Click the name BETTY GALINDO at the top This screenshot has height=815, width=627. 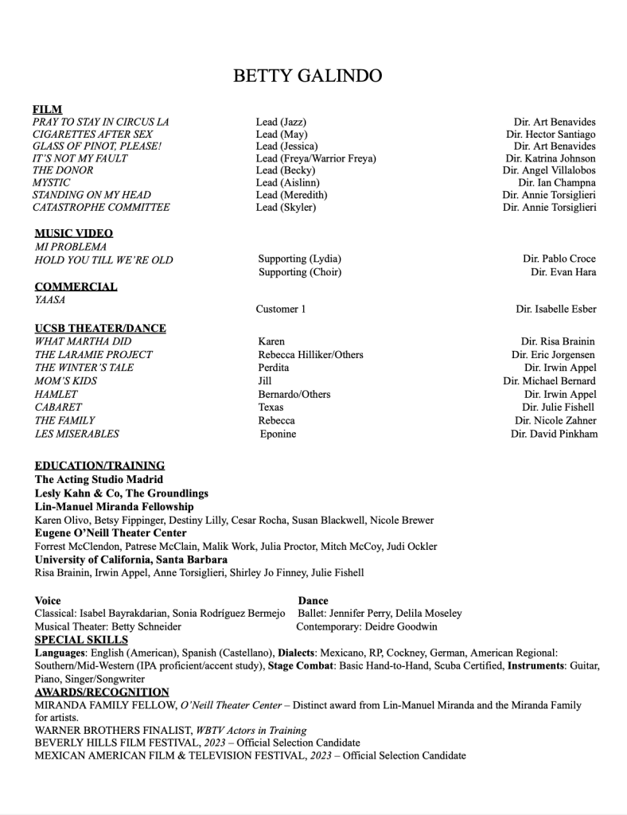tap(307, 76)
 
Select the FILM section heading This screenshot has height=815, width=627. tap(47, 109)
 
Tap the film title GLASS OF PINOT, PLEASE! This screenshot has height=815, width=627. tap(97, 146)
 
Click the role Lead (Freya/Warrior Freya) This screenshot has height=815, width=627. tap(316, 158)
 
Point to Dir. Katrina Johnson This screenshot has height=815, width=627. tap(550, 158)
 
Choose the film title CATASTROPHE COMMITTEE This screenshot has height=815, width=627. tap(101, 207)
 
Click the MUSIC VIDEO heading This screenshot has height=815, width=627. tap(74, 233)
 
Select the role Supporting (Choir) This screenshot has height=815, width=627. tap(300, 272)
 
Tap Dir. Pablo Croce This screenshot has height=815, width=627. tap(559, 259)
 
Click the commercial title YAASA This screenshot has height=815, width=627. tap(50, 300)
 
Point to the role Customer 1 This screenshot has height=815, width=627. tap(280, 309)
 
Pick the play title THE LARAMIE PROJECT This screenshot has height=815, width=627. tap(94, 354)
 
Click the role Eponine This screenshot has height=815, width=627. tap(278, 434)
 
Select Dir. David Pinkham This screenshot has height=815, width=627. tap(554, 434)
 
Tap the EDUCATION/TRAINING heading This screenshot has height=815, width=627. tap(99, 465)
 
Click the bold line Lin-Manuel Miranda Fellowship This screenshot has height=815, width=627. tap(114, 506)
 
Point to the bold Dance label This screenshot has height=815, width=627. tap(313, 600)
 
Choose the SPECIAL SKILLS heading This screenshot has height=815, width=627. tap(81, 639)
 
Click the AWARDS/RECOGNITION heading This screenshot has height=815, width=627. tap(102, 692)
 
